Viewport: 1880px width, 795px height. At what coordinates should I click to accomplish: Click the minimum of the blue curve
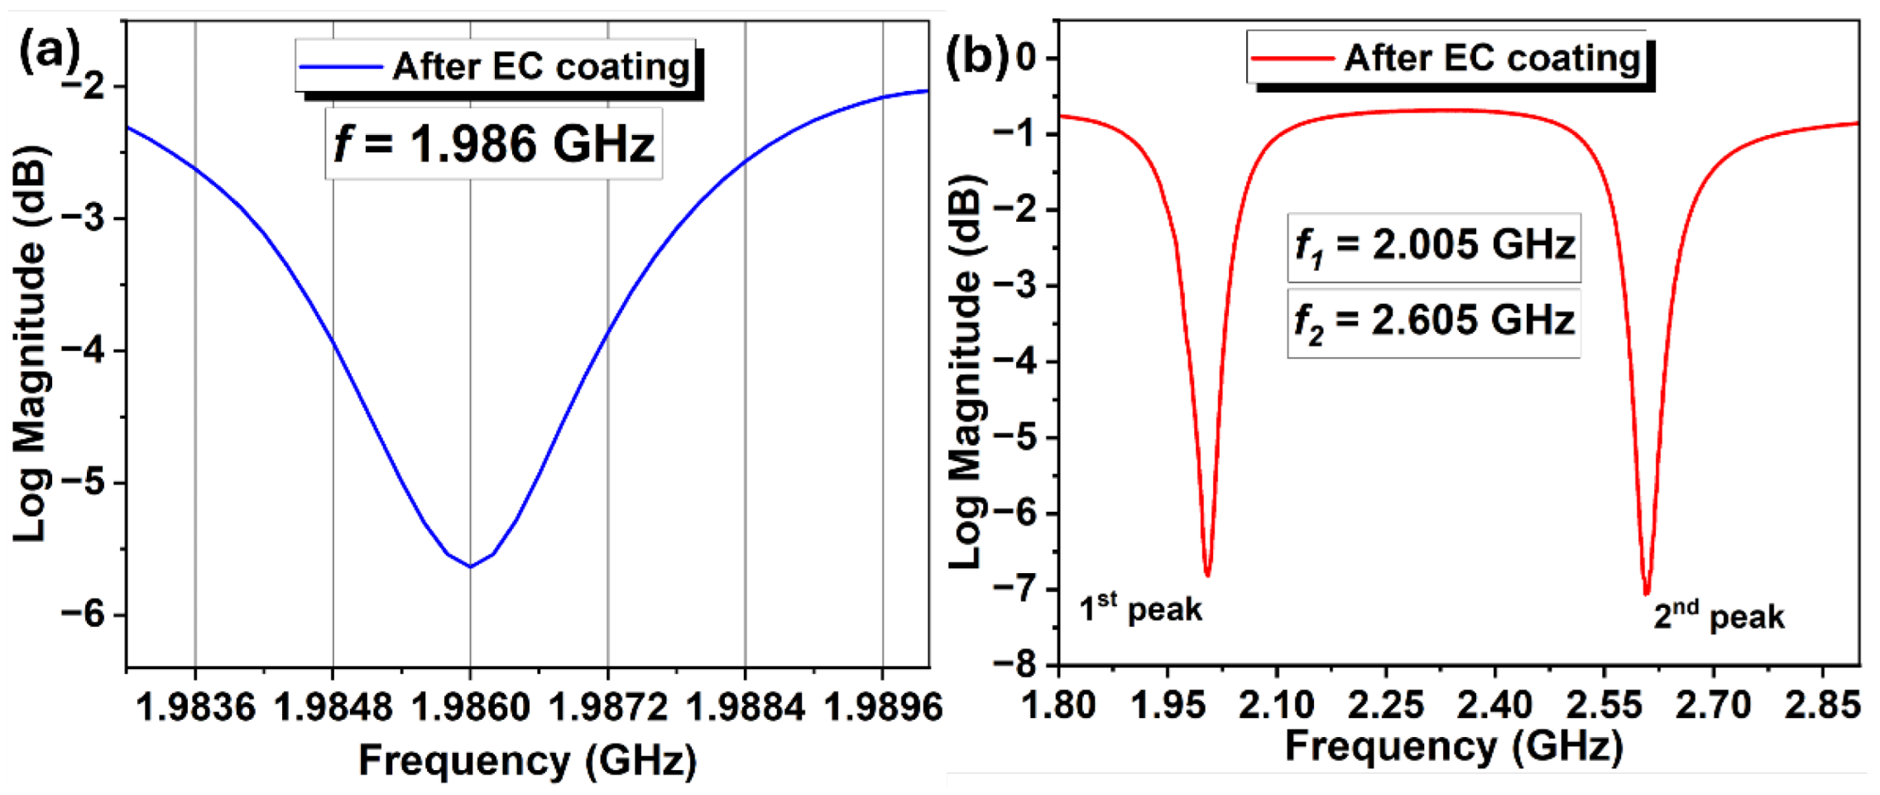(x=470, y=566)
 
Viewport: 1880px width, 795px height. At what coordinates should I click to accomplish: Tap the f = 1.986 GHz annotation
(x=494, y=143)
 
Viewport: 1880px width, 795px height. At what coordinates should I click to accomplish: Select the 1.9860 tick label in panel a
(x=470, y=706)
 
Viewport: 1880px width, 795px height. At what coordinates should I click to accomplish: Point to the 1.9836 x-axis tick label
(x=195, y=706)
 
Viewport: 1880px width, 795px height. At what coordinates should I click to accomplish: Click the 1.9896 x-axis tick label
(x=883, y=706)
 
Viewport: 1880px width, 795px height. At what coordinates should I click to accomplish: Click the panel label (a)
(x=47, y=51)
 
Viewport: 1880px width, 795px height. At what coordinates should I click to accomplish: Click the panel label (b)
(x=976, y=56)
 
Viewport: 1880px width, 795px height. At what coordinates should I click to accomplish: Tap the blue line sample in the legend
(x=341, y=66)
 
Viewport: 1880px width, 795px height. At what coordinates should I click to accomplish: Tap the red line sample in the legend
(x=1292, y=58)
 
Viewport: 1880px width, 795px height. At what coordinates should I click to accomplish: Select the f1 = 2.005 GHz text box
(x=1434, y=247)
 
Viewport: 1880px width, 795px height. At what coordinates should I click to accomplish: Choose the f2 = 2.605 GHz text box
(x=1434, y=322)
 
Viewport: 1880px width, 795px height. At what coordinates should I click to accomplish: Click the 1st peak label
(x=1139, y=609)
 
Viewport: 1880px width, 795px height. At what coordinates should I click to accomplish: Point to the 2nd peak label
(x=1718, y=616)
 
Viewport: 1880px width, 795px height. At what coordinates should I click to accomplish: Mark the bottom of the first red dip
(x=1207, y=574)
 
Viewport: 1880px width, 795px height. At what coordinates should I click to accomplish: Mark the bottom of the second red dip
(x=1646, y=593)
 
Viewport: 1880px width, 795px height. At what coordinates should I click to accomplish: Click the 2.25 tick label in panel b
(x=1386, y=705)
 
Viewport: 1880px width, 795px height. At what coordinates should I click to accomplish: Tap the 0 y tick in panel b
(x=1027, y=58)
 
